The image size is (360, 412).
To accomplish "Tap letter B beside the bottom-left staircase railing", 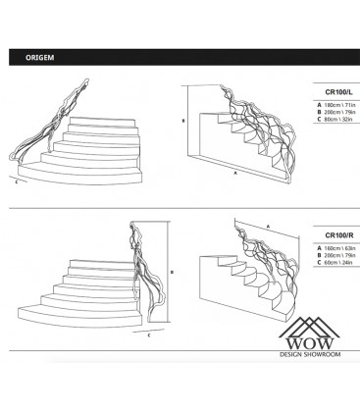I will (x=173, y=273).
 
